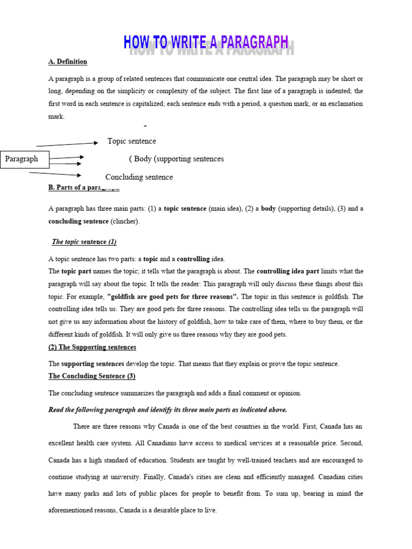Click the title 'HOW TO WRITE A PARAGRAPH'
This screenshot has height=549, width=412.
click(x=207, y=43)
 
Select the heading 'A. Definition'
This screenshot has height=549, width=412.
click(x=68, y=62)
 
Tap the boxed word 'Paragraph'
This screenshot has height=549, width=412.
click(x=21, y=159)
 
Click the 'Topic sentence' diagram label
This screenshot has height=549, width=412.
click(x=131, y=142)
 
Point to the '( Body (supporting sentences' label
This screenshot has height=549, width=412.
click(x=176, y=159)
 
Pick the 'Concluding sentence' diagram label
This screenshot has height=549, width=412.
click(x=139, y=177)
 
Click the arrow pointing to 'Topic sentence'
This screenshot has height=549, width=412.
click(x=67, y=144)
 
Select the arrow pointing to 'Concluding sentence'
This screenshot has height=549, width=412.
click(x=55, y=174)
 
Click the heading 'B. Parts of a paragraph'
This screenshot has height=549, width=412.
click(x=84, y=188)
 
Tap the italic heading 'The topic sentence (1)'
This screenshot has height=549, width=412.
click(x=84, y=242)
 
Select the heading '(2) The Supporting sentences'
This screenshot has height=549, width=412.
click(x=92, y=347)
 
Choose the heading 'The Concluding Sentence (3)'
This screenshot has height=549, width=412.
click(x=92, y=376)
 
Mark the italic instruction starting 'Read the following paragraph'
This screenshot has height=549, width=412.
click(x=167, y=410)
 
